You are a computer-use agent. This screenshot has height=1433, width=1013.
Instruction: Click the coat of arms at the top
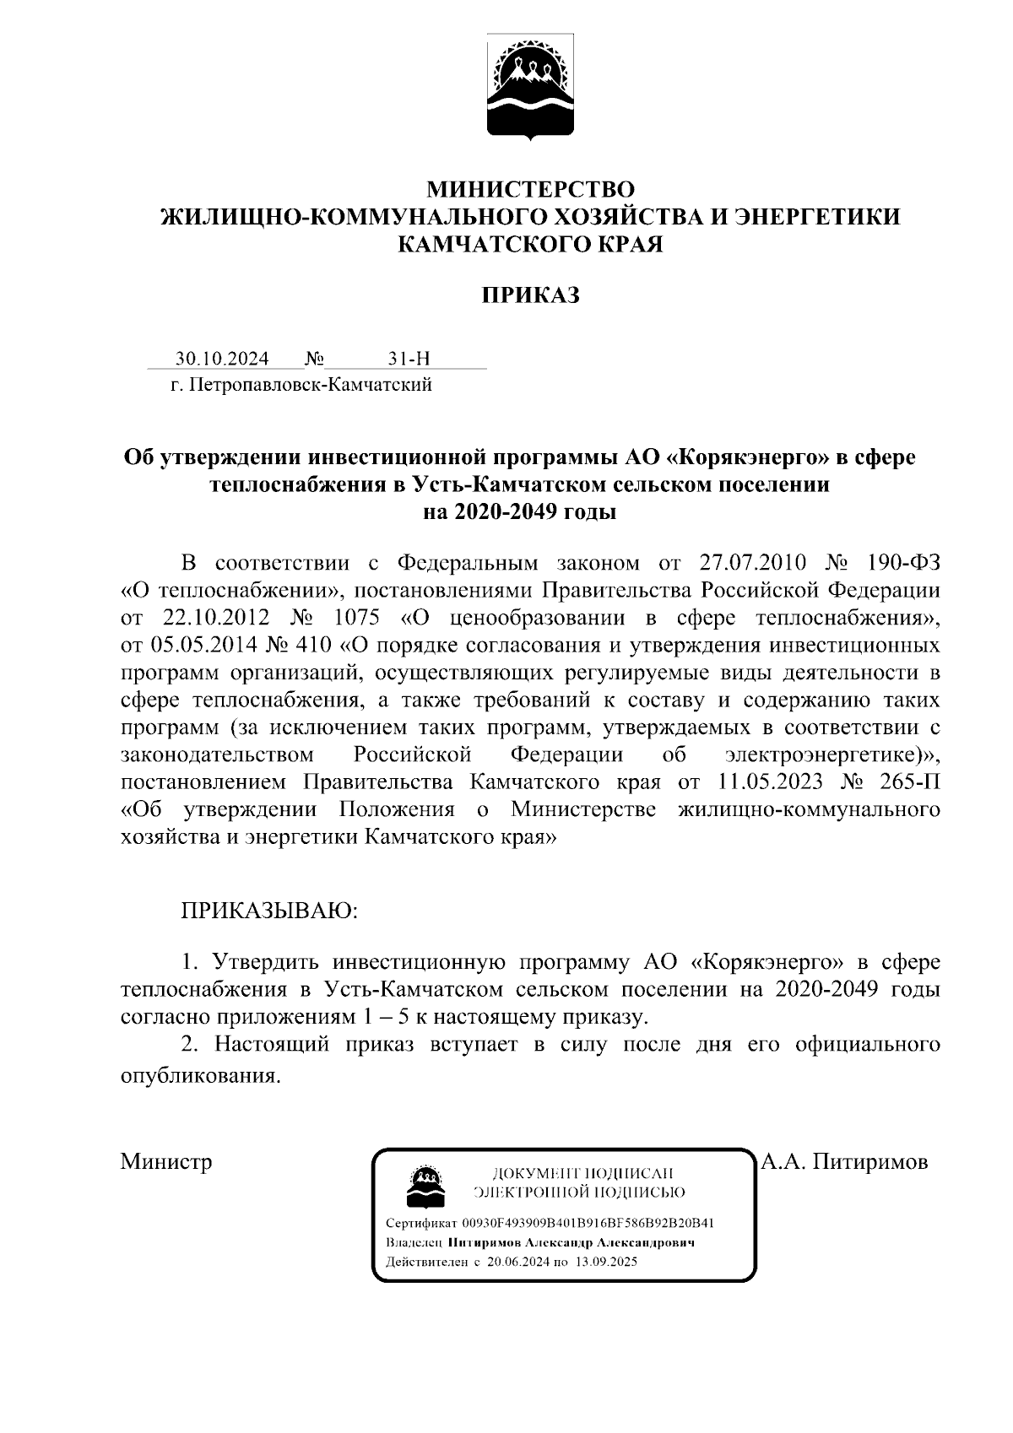(531, 84)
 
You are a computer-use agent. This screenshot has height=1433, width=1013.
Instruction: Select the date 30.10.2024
(222, 359)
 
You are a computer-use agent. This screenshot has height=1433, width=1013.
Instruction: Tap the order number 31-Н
(409, 359)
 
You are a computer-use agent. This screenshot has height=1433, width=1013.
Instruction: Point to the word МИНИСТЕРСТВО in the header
(530, 187)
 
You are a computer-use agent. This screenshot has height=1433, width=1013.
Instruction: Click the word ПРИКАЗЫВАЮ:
(268, 911)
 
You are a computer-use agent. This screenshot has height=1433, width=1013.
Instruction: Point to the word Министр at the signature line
(166, 1161)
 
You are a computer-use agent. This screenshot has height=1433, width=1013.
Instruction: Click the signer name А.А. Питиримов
(844, 1161)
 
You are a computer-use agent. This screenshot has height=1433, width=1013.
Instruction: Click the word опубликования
(200, 1078)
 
